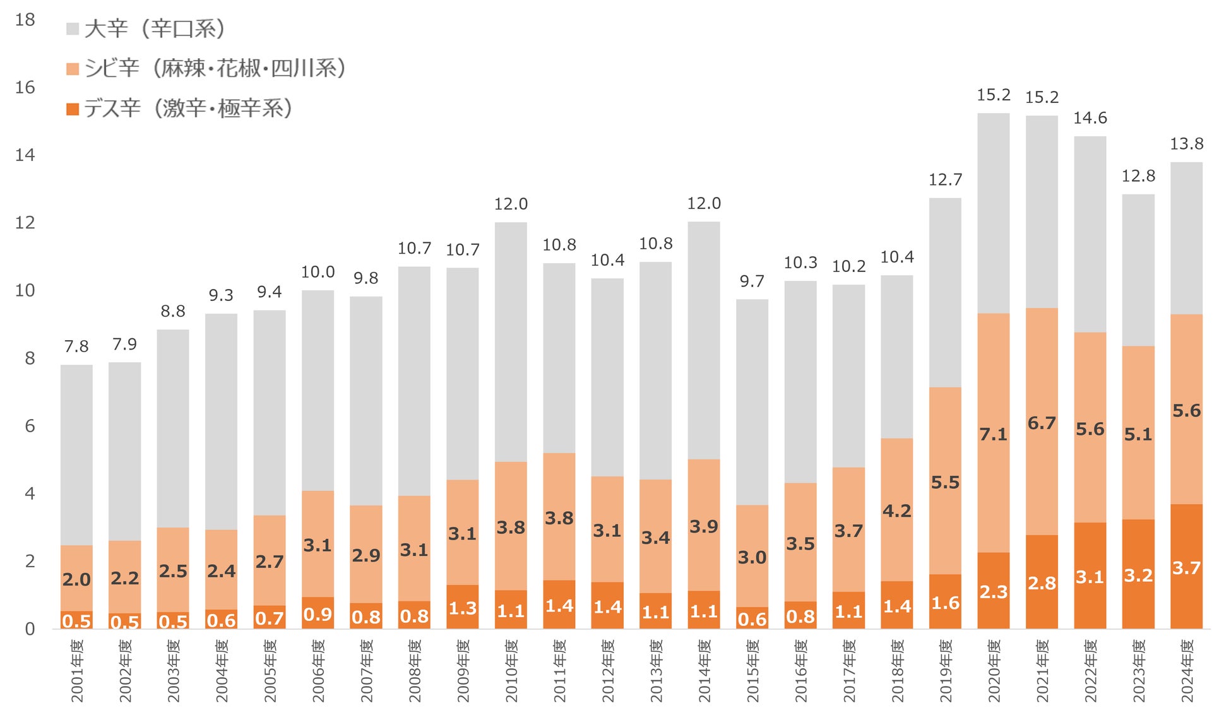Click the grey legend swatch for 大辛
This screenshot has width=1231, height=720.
click(x=73, y=29)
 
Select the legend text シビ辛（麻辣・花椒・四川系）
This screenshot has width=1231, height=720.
click(x=215, y=68)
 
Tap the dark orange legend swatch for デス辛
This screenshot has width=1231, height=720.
click(x=73, y=109)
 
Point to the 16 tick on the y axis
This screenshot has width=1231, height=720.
click(x=25, y=88)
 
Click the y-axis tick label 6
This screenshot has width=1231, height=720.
click(x=30, y=426)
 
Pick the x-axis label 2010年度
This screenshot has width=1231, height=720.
click(x=511, y=670)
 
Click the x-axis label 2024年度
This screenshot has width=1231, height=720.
click(x=1187, y=670)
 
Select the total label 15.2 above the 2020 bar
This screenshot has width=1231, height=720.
click(x=994, y=95)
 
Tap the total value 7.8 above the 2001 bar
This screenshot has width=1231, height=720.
click(x=76, y=346)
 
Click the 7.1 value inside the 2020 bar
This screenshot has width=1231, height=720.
click(x=994, y=435)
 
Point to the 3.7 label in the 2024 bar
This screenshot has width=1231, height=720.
click(x=1187, y=568)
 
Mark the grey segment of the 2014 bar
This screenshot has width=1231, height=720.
click(x=704, y=341)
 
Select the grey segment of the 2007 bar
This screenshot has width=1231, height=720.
click(x=366, y=401)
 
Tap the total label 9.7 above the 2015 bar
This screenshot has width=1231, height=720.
click(x=752, y=281)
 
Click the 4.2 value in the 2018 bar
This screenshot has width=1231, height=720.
click(x=897, y=511)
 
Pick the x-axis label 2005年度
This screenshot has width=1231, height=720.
click(x=270, y=670)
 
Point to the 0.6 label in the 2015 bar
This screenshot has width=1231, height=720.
click(x=752, y=619)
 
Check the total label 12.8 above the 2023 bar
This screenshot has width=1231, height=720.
click(x=1138, y=176)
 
